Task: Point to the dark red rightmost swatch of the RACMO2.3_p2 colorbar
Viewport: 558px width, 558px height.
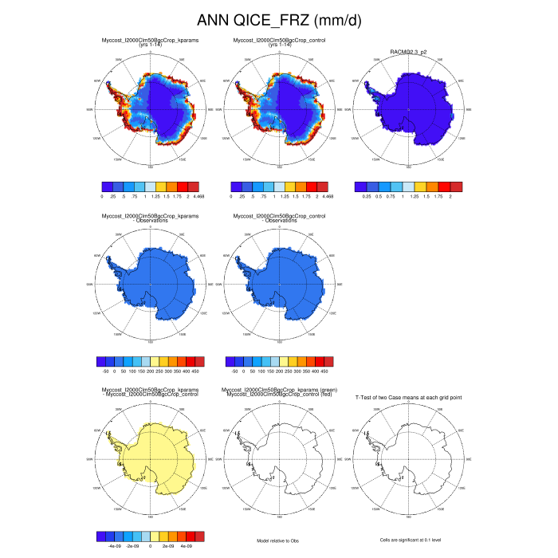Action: click(456, 187)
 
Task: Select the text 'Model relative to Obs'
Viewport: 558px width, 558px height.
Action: click(279, 540)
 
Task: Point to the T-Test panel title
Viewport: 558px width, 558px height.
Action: click(408, 395)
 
